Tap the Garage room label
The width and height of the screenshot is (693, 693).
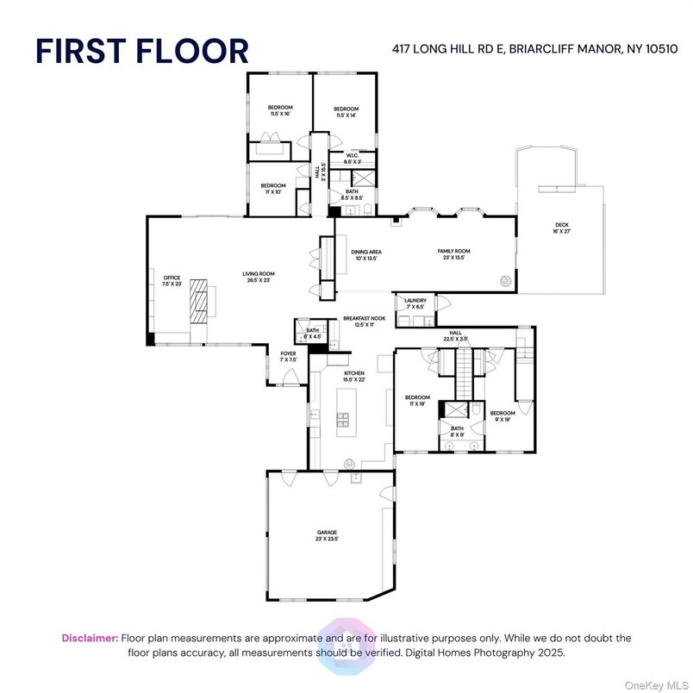(327, 536)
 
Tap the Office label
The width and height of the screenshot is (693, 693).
(172, 280)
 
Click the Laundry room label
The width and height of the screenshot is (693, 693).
(415, 303)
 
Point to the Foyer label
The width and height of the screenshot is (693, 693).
(288, 357)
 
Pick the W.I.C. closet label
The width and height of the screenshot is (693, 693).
(352, 159)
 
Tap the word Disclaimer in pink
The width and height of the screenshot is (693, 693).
(90, 638)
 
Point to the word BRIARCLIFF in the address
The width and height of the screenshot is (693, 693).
(503, 50)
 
